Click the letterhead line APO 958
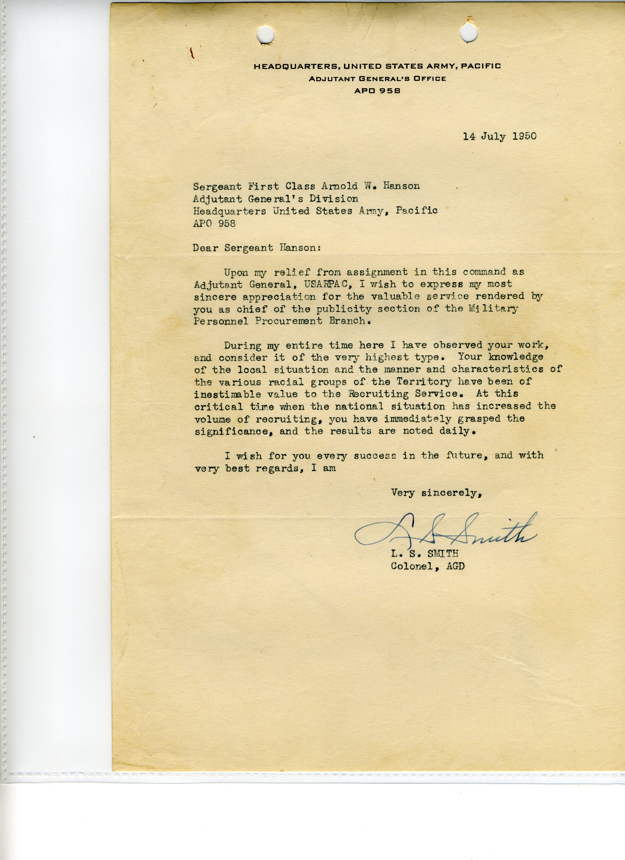tap(377, 91)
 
